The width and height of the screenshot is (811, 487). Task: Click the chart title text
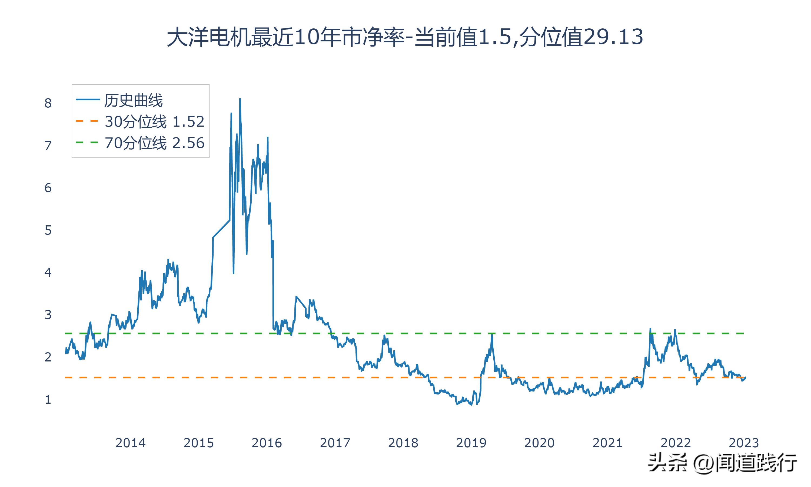pyautogui.click(x=405, y=37)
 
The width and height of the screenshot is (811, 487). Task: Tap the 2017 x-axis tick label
pyautogui.click(x=335, y=443)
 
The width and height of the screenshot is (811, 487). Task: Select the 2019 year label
pyautogui.click(x=471, y=443)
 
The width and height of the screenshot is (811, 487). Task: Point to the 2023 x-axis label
pyautogui.click(x=743, y=443)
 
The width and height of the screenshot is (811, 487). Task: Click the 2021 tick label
pyautogui.click(x=607, y=443)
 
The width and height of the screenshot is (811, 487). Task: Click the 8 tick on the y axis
pyautogui.click(x=48, y=103)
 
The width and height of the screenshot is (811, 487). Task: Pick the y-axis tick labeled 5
pyautogui.click(x=48, y=230)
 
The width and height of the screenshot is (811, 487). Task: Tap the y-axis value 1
pyautogui.click(x=48, y=400)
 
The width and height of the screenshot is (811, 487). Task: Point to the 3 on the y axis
pyautogui.click(x=48, y=315)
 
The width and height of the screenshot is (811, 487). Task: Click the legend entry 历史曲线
pyautogui.click(x=133, y=100)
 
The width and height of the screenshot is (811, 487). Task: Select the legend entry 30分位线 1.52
pyautogui.click(x=154, y=121)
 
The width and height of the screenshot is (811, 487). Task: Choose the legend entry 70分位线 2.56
pyautogui.click(x=154, y=143)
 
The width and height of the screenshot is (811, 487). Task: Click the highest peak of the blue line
pyautogui.click(x=240, y=99)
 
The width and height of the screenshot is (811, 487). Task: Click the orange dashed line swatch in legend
pyautogui.click(x=87, y=121)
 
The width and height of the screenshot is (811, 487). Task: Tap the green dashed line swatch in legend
pyautogui.click(x=87, y=142)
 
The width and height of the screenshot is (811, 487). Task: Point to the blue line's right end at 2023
pyautogui.click(x=745, y=377)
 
